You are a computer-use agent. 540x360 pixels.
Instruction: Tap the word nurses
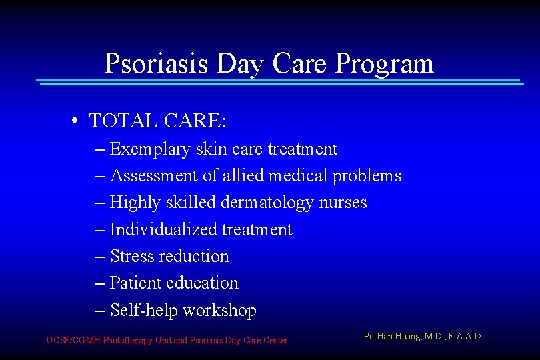click(x=343, y=203)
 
